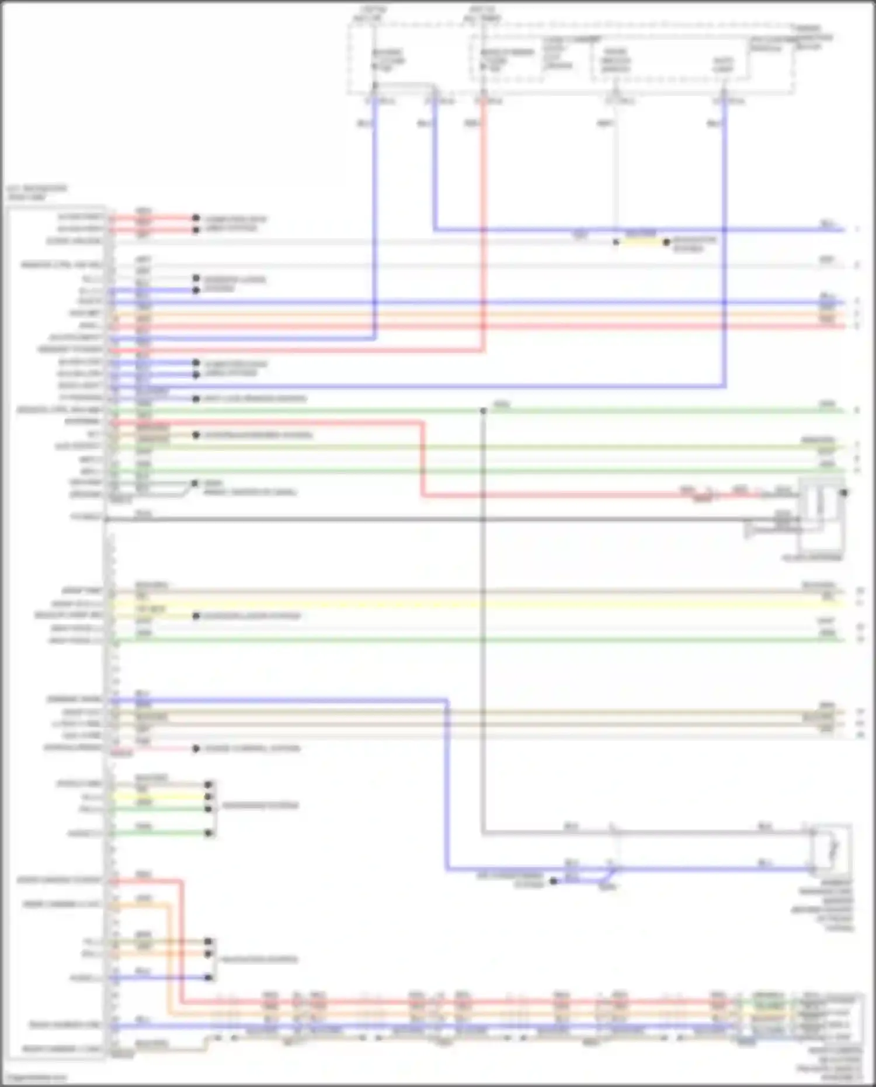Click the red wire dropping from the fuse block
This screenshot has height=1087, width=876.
(484, 234)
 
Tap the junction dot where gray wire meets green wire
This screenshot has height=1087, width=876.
(484, 411)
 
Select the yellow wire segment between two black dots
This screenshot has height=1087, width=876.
(641, 242)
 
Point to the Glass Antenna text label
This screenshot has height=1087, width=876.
(812, 558)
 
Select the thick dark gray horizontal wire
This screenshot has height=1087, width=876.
(409, 519)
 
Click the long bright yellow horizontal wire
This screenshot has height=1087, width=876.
(467, 603)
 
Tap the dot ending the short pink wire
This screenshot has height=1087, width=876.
(196, 749)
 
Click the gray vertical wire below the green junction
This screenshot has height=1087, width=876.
(484, 643)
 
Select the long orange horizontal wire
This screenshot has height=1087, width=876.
(467, 314)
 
